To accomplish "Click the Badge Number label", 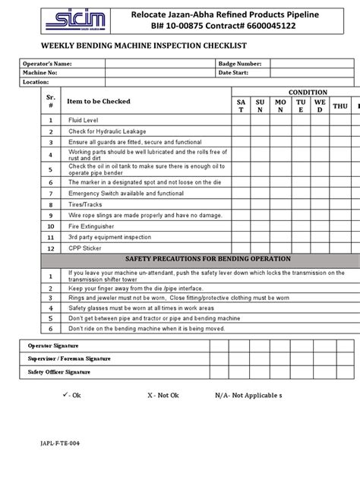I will click(240, 64).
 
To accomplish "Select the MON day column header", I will click(280, 106).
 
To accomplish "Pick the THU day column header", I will click(339, 106).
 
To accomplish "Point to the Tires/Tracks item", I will click(86, 205).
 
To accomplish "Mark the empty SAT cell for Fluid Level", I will click(241, 120).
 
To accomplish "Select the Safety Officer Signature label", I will click(59, 372).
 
